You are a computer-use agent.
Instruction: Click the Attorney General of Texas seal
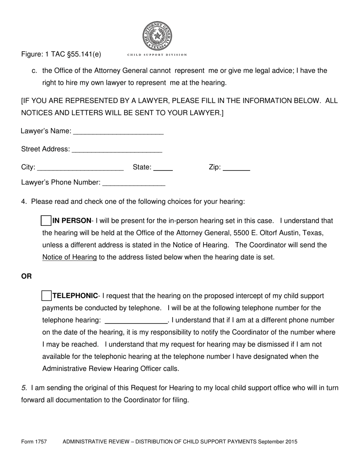click(157, 36)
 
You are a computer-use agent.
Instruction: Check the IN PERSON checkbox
click(46, 220)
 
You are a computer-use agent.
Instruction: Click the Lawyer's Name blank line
click(118, 133)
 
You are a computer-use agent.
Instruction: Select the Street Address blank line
click(117, 151)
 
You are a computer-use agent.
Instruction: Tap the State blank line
click(163, 169)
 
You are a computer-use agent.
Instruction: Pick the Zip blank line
click(236, 169)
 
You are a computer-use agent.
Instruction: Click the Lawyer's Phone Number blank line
click(134, 184)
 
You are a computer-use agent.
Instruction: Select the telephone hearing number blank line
click(136, 322)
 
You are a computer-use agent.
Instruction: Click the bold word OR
click(27, 277)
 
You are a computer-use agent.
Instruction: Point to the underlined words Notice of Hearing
click(69, 257)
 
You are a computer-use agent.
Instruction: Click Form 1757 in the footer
click(34, 441)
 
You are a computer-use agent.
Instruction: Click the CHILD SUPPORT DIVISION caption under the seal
click(157, 55)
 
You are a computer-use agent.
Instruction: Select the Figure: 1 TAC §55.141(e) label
click(61, 54)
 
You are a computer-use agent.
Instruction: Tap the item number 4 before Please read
click(24, 202)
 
